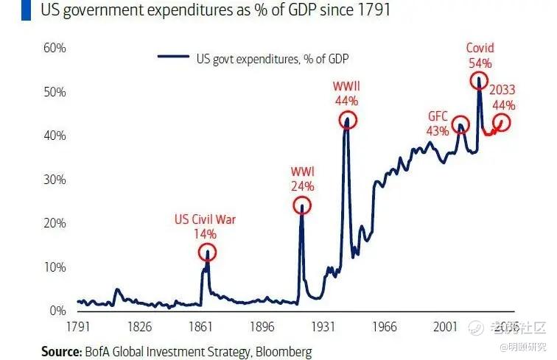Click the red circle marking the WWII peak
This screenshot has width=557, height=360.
click(x=348, y=120)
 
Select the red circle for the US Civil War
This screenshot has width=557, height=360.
click(x=208, y=253)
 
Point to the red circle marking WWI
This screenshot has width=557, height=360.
click(x=302, y=205)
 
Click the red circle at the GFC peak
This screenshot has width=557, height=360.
click(x=460, y=124)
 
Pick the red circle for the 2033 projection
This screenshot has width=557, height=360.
click(x=502, y=122)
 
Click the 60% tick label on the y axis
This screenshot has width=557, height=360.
click(x=55, y=48)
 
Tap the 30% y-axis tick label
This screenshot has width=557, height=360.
click(x=55, y=180)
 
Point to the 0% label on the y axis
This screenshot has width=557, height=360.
click(x=58, y=311)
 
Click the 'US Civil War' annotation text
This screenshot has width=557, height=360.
click(x=205, y=219)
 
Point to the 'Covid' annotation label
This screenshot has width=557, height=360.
click(x=480, y=49)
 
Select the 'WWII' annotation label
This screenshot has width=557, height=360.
click(x=346, y=87)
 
